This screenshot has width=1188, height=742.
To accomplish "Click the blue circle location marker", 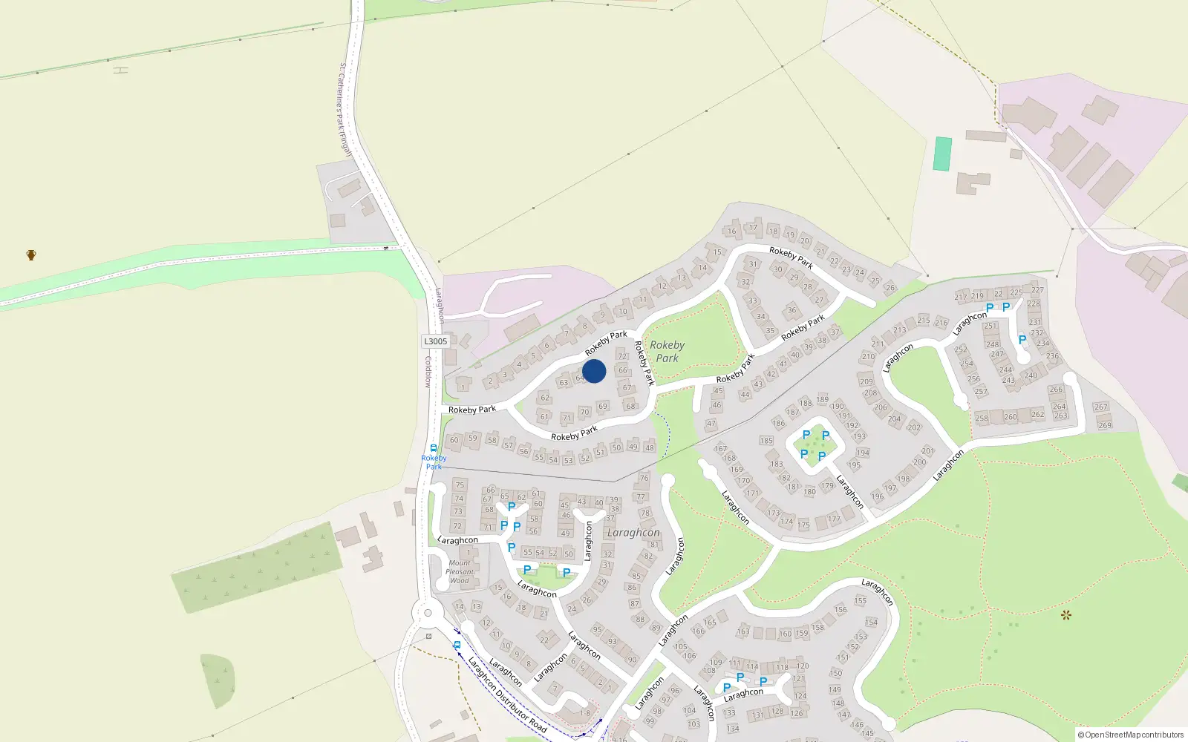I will [x=594, y=371].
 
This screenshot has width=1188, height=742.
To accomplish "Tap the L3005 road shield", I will [x=436, y=341].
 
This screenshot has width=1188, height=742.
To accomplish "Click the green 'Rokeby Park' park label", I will [x=667, y=351].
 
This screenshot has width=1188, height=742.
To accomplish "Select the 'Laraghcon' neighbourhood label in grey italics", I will [x=633, y=533].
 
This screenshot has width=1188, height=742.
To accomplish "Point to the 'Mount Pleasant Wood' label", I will [x=460, y=571].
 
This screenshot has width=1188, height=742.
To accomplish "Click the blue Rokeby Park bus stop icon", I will [x=434, y=448].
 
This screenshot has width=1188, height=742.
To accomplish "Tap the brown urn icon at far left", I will [x=31, y=255].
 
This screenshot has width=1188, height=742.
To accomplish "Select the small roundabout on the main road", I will [x=428, y=613].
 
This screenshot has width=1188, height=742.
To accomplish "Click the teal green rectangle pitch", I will [x=942, y=154].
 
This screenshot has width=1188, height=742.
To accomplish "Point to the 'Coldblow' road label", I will [x=428, y=372].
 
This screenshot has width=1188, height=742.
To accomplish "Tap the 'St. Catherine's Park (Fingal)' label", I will [x=345, y=109].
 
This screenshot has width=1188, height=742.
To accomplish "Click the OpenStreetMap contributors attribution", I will [x=1131, y=735].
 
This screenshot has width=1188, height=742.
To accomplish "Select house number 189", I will [x=822, y=399].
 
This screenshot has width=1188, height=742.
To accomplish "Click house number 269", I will [x=1105, y=425].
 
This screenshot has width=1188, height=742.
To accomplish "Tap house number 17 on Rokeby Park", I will [x=753, y=228].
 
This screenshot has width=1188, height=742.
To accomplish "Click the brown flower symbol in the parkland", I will [x=1066, y=614].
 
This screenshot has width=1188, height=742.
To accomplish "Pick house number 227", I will [x=1037, y=290].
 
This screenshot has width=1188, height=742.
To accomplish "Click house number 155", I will [x=860, y=601].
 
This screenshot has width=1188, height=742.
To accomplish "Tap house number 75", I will [x=460, y=485].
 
